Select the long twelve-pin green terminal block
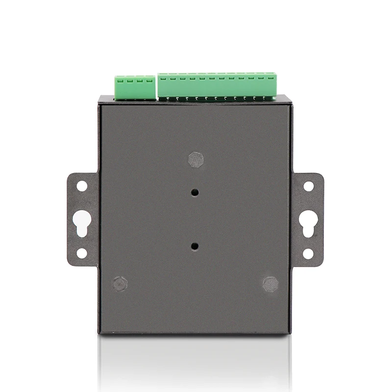(217, 86)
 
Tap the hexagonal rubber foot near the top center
(196, 159)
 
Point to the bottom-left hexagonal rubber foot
(120, 283)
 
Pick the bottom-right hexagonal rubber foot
(270, 284)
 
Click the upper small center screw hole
(195, 193)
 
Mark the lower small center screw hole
(195, 246)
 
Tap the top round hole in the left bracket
(82, 186)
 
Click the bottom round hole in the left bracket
(82, 253)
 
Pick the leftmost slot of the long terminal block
(163, 77)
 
